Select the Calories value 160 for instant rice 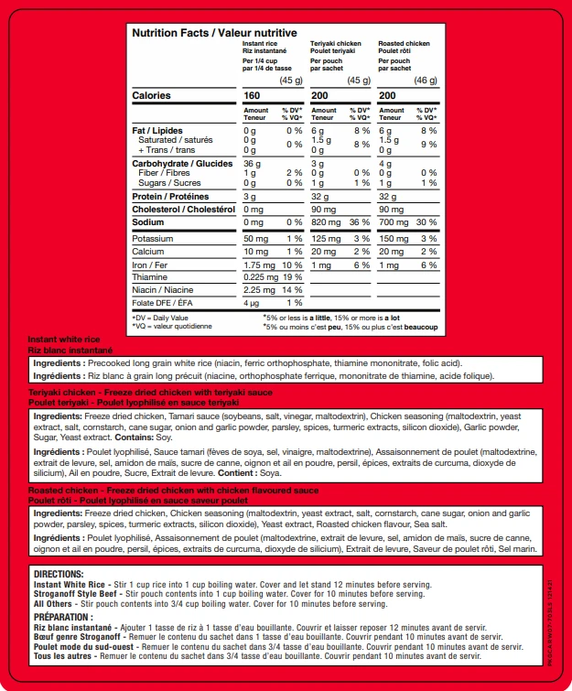point(252,96)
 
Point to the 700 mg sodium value point(393,222)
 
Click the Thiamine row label point(150,276)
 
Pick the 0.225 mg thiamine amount point(261,276)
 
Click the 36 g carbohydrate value point(252,164)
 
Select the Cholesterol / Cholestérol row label point(178,210)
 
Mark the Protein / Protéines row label point(170,197)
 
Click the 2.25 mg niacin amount point(259,289)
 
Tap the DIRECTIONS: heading point(59,573)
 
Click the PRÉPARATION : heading point(64,617)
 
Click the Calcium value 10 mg point(256,251)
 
